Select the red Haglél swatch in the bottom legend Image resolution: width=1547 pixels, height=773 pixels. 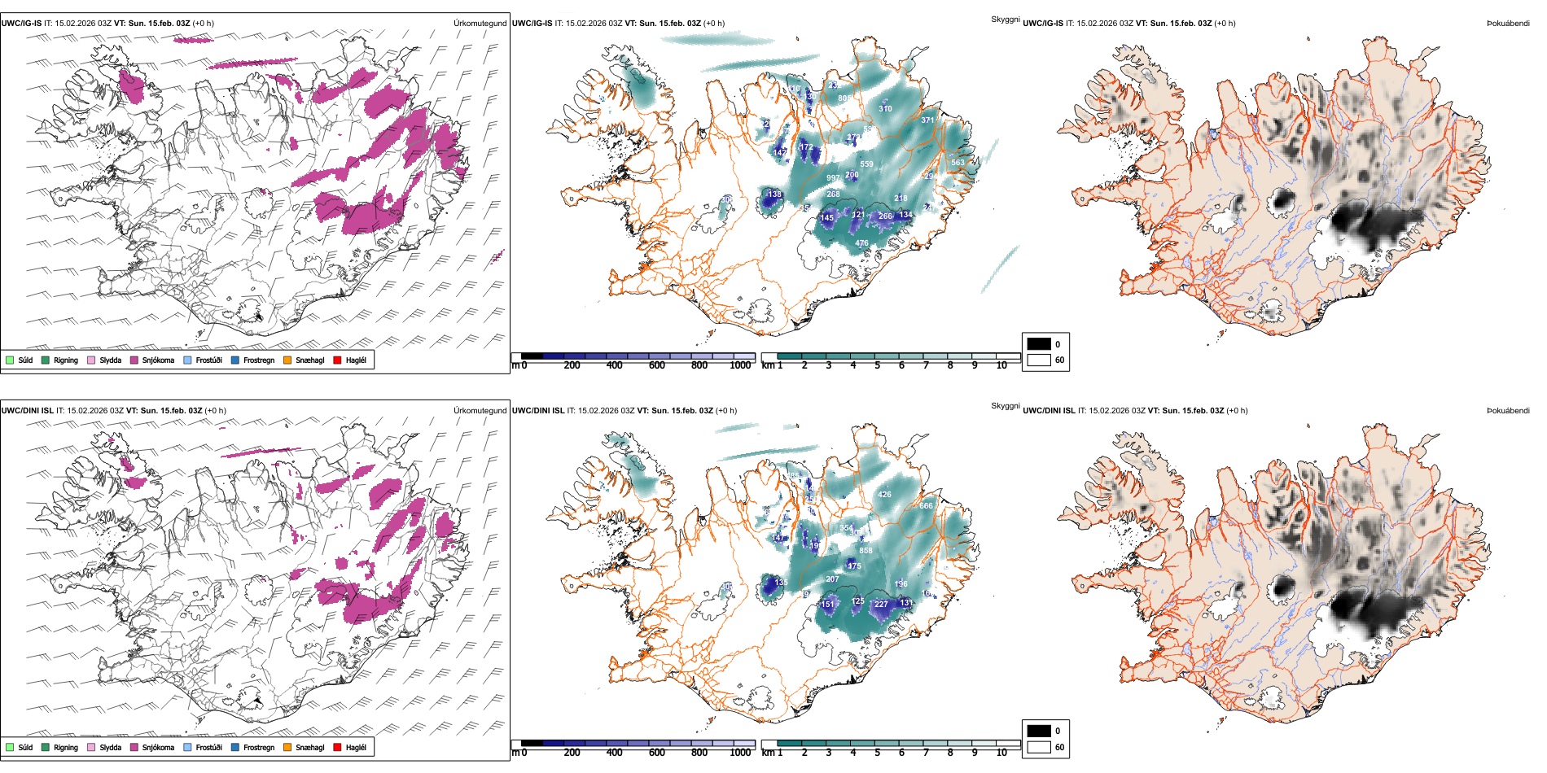(x=338, y=747)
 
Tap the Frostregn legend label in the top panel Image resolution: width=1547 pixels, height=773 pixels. (x=258, y=360)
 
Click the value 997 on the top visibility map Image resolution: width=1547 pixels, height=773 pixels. (x=833, y=178)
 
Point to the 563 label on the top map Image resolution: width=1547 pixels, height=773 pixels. (x=958, y=163)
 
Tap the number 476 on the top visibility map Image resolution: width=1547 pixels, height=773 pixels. (x=861, y=243)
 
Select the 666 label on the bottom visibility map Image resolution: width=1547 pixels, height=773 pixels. (x=927, y=506)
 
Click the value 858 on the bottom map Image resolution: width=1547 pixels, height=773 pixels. (x=866, y=551)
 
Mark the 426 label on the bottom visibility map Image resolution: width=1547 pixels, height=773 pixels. (x=885, y=495)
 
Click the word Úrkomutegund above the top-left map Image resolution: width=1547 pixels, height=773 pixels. (x=480, y=24)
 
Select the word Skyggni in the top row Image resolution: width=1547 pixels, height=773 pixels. (x=1005, y=20)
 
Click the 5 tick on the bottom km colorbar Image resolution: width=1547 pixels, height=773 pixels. (x=877, y=753)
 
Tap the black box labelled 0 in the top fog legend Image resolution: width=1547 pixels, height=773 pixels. (x=1039, y=344)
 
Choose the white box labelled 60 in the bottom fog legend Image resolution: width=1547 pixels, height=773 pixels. (x=1039, y=747)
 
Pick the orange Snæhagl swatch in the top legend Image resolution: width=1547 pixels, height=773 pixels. (x=287, y=360)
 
